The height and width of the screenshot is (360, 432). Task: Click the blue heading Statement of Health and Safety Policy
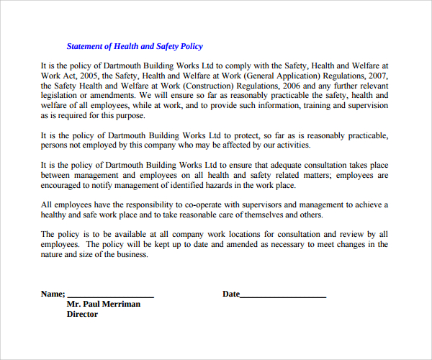135,46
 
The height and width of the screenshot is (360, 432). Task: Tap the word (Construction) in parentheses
223,85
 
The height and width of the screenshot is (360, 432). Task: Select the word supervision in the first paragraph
367,105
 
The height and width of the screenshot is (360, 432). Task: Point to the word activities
292,145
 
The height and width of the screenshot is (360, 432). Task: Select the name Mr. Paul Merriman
103,304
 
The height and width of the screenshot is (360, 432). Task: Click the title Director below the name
82,315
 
